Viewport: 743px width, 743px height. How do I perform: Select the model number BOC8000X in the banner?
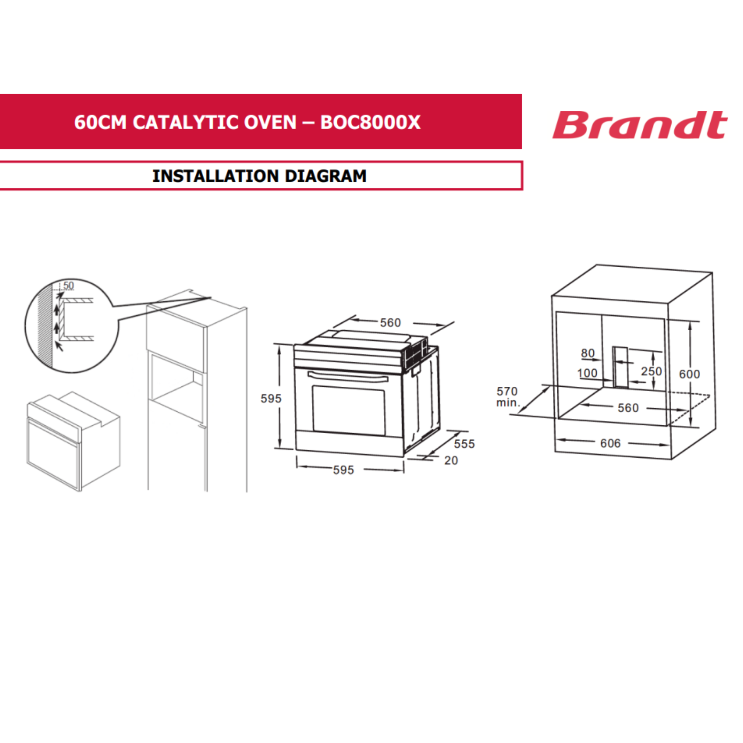tap(370, 122)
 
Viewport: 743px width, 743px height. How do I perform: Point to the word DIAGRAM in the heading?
tap(326, 176)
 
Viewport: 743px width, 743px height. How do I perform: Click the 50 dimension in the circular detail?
tap(68, 285)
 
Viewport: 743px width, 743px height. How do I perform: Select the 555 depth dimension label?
tap(464, 444)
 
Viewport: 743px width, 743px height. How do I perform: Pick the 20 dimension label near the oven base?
tap(451, 460)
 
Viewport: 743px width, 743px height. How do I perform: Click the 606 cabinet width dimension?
tap(610, 444)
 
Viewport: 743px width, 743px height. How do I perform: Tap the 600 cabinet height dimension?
tap(690, 374)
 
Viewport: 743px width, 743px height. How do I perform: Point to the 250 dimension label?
tap(652, 371)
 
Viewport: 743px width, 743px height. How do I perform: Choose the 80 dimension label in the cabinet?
tap(588, 353)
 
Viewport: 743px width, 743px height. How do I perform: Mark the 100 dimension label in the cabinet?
tap(587, 373)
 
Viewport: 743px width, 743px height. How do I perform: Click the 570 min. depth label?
tap(507, 396)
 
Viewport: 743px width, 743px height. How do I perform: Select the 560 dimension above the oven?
tap(390, 323)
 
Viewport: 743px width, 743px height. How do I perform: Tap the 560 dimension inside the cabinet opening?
tap(628, 408)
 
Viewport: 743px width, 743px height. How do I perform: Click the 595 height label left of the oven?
tap(271, 398)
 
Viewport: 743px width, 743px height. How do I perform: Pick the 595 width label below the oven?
tap(343, 470)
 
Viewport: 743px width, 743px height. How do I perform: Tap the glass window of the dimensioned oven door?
tap(349, 410)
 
